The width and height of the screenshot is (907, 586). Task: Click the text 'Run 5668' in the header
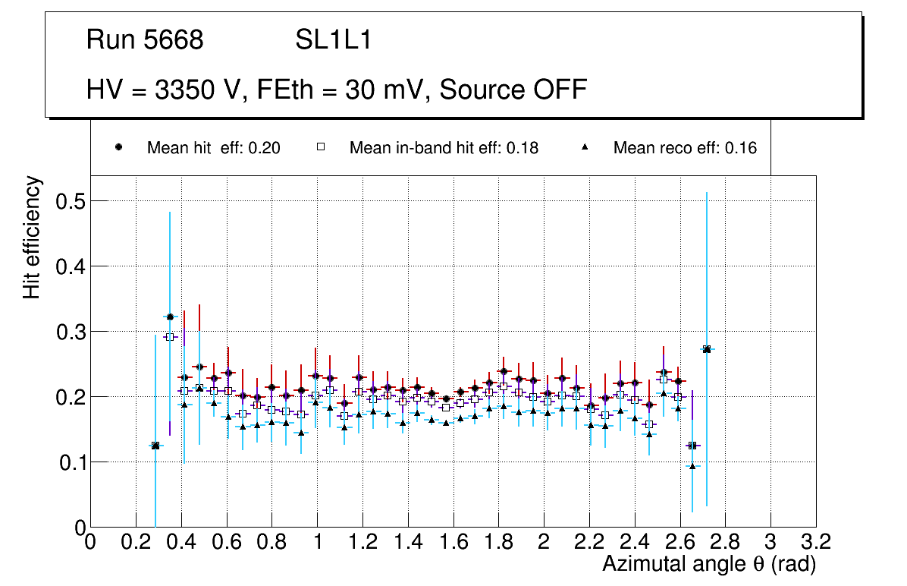pos(145,40)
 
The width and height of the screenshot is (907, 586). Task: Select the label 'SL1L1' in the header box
pos(333,40)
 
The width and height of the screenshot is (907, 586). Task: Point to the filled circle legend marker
pos(118,148)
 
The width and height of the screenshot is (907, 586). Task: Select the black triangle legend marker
pos(585,148)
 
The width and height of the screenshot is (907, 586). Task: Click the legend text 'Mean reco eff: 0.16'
pos(685,148)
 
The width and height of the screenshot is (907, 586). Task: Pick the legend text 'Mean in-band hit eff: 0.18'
pos(444,148)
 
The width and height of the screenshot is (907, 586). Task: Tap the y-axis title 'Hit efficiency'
pos(32,237)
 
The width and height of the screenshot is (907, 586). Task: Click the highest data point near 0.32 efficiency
pos(170,317)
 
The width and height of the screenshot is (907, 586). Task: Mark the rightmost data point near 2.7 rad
pos(707,349)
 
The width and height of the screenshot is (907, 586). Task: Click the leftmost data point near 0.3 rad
pos(155,446)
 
